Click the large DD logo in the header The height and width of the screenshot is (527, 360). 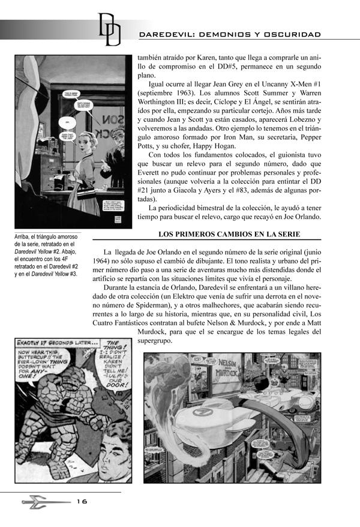(109, 28)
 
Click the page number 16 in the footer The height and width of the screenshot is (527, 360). (82, 502)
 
